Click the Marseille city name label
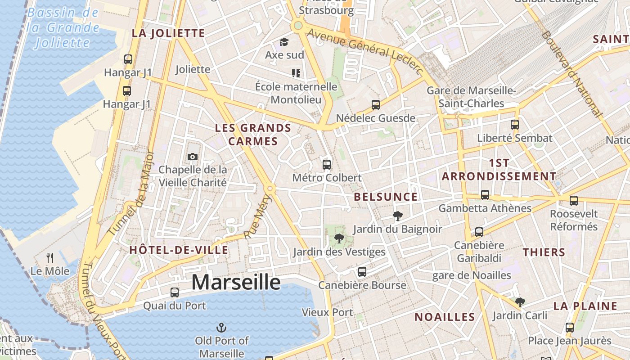[236, 283]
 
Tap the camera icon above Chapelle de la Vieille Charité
[193, 157]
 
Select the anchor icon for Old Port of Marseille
[221, 327]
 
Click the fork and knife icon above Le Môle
[50, 258]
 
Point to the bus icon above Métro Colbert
[327, 164]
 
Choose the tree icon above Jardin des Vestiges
[339, 238]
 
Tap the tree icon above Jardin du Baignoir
[397, 216]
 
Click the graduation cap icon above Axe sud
[284, 42]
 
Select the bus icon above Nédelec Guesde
[376, 105]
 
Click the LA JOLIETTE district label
[168, 33]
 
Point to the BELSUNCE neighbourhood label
[386, 197]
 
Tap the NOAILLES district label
[445, 317]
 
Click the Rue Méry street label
[258, 216]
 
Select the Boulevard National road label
[571, 74]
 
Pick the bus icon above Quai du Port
[175, 292]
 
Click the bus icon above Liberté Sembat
[515, 125]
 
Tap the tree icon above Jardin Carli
[520, 302]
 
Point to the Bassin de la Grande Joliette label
[63, 28]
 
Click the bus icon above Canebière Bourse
[362, 272]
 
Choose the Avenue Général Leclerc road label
[365, 52]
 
